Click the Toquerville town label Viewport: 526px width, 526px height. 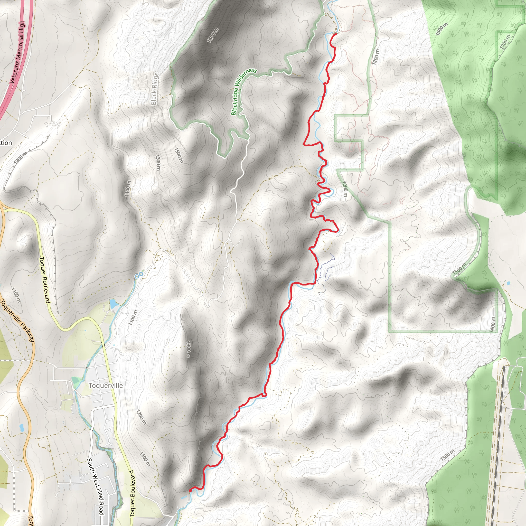click(x=106, y=386)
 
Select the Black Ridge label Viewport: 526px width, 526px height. click(x=155, y=89)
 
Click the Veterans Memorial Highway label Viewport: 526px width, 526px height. click(x=17, y=52)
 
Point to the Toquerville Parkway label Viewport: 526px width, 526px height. click(x=17, y=321)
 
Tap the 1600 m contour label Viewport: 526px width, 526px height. click(x=213, y=35)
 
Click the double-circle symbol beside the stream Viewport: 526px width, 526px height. click(x=139, y=275)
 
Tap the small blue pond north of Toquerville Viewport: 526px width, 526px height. click(x=113, y=304)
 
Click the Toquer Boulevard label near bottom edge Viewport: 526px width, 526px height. click(x=132, y=493)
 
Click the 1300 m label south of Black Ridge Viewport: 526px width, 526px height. click(x=158, y=162)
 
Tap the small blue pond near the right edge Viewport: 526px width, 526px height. click(x=509, y=283)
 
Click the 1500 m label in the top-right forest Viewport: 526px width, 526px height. click(x=441, y=29)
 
